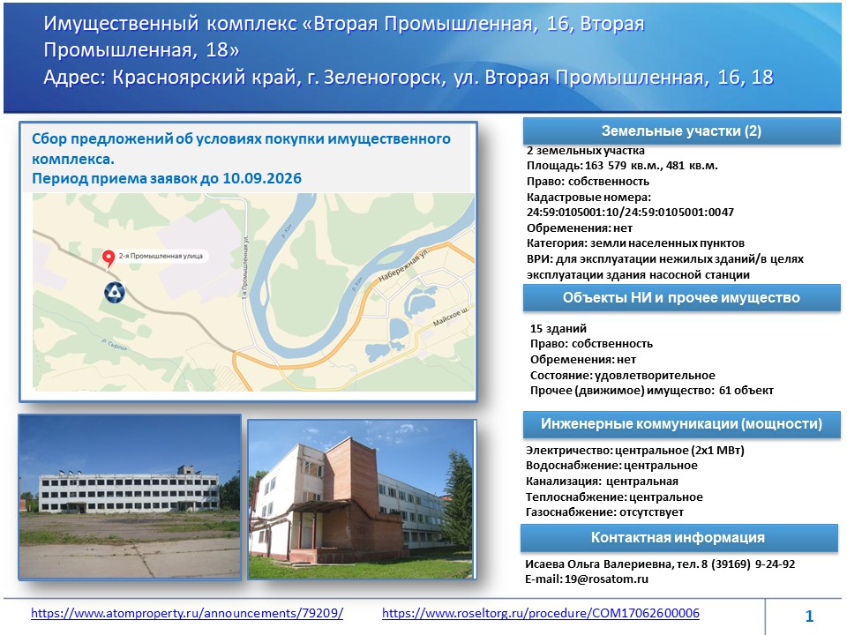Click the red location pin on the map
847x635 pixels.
[109, 258]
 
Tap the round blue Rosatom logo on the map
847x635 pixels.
[115, 292]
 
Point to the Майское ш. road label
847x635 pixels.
[451, 317]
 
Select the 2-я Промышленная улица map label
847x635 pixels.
[161, 256]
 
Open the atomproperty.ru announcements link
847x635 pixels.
[187, 614]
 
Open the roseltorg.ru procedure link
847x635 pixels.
[541, 614]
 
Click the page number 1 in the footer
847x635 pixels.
[809, 616]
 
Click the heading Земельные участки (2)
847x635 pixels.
[681, 131]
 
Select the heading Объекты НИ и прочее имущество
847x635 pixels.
[681, 297]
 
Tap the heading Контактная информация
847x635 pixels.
[678, 537]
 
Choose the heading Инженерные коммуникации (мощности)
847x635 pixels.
[681, 424]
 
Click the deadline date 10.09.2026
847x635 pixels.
[262, 179]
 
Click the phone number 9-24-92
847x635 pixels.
[776, 564]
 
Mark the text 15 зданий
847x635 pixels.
[558, 329]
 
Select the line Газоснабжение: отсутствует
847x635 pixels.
[604, 512]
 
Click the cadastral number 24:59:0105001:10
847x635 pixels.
[573, 213]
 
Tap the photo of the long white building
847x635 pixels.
[130, 497]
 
